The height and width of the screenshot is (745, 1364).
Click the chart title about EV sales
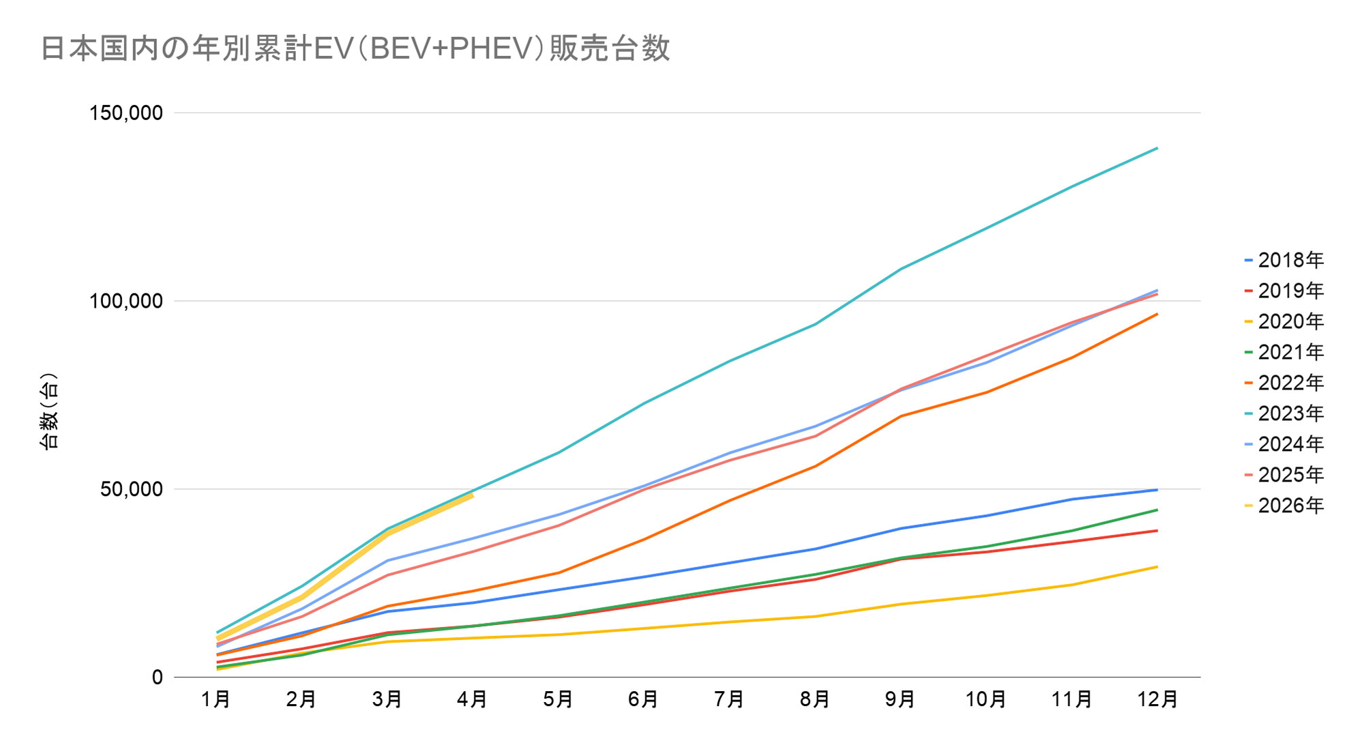(355, 48)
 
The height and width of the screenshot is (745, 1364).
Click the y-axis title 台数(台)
(49, 411)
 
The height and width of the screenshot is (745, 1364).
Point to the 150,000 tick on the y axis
(127, 113)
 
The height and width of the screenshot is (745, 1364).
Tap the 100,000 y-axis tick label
(127, 301)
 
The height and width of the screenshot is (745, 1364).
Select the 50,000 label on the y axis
(132, 489)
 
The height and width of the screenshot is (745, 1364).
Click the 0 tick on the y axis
(158, 677)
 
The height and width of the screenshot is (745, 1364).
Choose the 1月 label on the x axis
(216, 699)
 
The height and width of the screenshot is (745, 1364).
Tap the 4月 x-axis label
(472, 699)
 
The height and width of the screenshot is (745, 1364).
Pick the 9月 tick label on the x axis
(900, 699)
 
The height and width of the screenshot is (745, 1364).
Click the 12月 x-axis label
(1157, 699)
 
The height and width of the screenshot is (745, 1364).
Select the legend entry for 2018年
(1284, 260)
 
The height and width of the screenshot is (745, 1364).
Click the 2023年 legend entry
(1284, 413)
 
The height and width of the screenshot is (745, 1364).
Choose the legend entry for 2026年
(1284, 506)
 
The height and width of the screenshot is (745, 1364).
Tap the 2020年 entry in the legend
(1284, 321)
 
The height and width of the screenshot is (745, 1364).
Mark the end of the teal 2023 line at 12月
(1157, 148)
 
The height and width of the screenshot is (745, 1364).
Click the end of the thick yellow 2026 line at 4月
(472, 495)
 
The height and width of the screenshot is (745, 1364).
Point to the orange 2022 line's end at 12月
(1157, 314)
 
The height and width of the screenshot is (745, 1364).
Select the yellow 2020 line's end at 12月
(1157, 567)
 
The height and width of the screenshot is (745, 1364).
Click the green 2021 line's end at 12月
(1157, 510)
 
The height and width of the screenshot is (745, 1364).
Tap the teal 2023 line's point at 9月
(901, 269)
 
